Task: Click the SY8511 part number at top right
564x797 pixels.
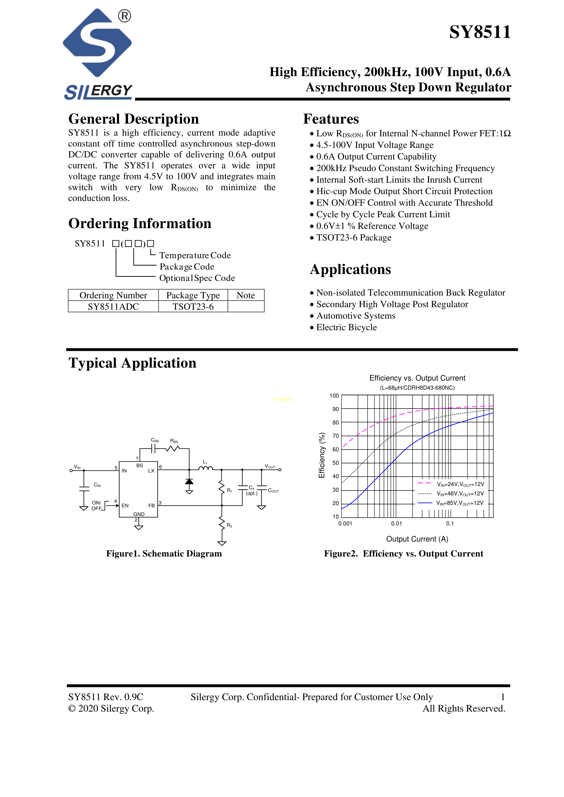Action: pyautogui.click(x=480, y=32)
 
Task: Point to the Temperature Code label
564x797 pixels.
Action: pyautogui.click(x=195, y=256)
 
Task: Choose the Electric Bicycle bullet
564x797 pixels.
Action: pyautogui.click(x=346, y=327)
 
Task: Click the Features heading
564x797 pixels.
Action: pyautogui.click(x=331, y=119)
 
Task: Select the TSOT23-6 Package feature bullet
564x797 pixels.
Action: pyautogui.click(x=353, y=238)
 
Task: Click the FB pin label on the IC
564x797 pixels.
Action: pyautogui.click(x=151, y=506)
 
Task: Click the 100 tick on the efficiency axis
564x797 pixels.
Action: pyautogui.click(x=334, y=396)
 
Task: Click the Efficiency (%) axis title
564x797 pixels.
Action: pyautogui.click(x=322, y=455)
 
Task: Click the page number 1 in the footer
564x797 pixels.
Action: pyautogui.click(x=503, y=697)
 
